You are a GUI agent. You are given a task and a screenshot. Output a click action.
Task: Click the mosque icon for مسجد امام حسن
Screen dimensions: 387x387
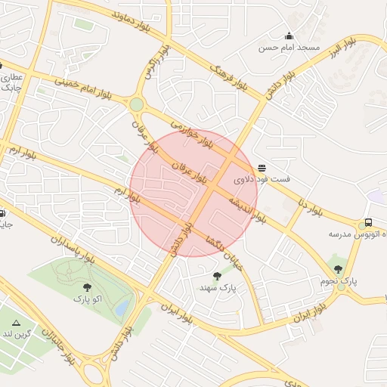pyautogui.click(x=289, y=36)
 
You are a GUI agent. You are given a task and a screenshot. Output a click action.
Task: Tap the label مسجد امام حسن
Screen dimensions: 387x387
pyautogui.click(x=289, y=48)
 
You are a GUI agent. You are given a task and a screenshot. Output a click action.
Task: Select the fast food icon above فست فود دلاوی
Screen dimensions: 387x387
pyautogui.click(x=262, y=168)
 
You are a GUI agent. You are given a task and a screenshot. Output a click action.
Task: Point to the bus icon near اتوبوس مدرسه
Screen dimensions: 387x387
pyautogui.click(x=368, y=223)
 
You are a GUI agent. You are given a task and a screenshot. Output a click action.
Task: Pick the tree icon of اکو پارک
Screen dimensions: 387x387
pyautogui.click(x=88, y=286)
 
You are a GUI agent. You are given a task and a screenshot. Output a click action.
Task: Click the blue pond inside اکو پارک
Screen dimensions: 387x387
pyautogui.click(x=121, y=308)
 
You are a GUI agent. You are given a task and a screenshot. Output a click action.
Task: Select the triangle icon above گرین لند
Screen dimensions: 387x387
pyautogui.click(x=17, y=322)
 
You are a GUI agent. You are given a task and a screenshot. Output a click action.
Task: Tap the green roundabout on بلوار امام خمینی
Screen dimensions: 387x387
pyautogui.click(x=136, y=105)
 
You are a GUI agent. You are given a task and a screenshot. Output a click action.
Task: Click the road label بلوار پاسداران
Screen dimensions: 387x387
pyautogui.click(x=73, y=248)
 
